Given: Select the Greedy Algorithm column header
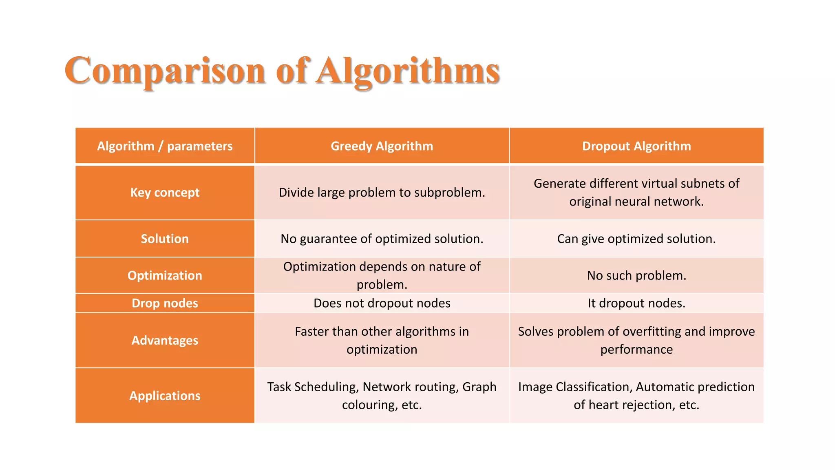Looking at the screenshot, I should (382, 146).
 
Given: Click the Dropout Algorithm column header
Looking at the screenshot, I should (636, 146).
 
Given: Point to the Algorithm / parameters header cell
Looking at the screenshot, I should (165, 146).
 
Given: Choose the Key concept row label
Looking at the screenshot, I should (165, 192).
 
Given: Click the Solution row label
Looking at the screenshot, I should (165, 239).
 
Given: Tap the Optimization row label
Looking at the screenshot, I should (165, 275).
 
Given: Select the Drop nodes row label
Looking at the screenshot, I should (165, 303).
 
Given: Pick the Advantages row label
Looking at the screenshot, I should (165, 340).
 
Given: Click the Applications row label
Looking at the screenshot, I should (165, 396).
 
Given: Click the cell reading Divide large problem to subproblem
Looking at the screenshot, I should (382, 192).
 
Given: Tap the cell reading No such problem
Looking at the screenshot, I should (636, 275).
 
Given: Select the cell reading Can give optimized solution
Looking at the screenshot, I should (636, 239).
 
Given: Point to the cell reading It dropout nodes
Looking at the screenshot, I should (636, 303).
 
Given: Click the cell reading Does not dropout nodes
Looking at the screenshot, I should (382, 303).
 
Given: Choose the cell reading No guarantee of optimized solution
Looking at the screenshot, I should (382, 239).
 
